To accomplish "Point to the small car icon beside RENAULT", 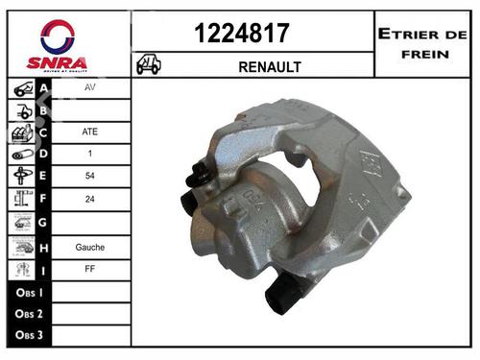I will coord(149,64).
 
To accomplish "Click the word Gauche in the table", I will coord(89,247).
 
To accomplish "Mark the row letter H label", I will coord(44,247).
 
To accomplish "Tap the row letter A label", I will coord(44,88).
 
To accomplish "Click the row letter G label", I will coord(44,225).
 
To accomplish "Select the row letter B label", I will coord(44,111).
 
